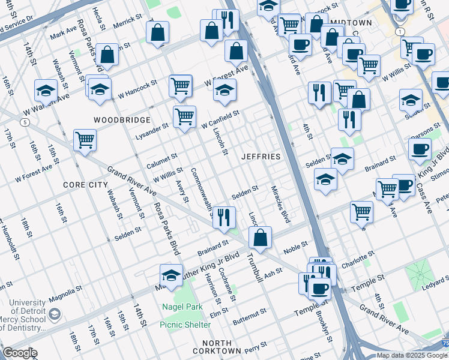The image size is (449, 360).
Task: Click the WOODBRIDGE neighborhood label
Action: click(x=122, y=120)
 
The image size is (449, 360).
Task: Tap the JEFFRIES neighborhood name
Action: click(x=261, y=157)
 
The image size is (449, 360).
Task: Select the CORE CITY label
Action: click(x=85, y=185)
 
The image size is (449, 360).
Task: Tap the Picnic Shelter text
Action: click(x=185, y=325)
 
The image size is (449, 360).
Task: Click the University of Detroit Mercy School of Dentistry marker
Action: click(x=55, y=314)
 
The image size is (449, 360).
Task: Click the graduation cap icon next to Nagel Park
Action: click(x=171, y=275)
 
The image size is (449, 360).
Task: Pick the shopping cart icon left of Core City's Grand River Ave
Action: click(x=85, y=140)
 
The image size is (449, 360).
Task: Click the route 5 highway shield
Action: click(x=25, y=122)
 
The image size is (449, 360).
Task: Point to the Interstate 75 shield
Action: click(x=444, y=344)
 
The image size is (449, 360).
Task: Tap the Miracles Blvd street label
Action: click(x=280, y=204)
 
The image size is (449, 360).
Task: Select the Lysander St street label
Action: click(x=152, y=128)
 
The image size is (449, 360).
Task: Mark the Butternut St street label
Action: click(x=249, y=317)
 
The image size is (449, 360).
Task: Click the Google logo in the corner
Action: click(x=20, y=353)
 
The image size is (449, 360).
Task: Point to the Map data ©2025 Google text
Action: click(x=412, y=355)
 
